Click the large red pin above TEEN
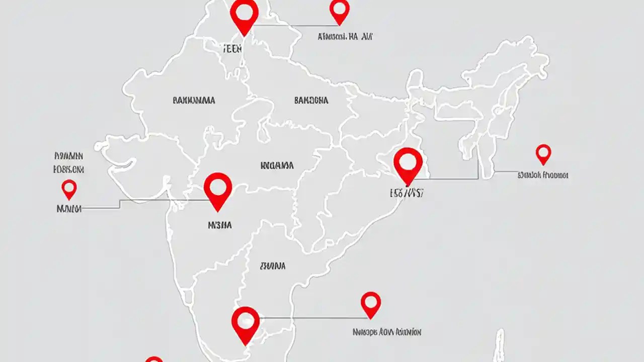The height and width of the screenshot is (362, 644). pyautogui.click(x=244, y=15)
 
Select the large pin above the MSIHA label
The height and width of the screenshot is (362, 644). pyautogui.click(x=218, y=189)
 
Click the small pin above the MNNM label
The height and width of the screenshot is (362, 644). pyautogui.click(x=69, y=189)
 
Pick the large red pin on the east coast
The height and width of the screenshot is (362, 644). pyautogui.click(x=408, y=163)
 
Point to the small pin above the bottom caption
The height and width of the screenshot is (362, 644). pyautogui.click(x=371, y=303)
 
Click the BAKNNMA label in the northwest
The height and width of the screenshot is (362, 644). pyautogui.click(x=194, y=101)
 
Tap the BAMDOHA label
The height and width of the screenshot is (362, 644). pyautogui.click(x=311, y=101)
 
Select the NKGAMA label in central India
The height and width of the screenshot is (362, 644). pyautogui.click(x=277, y=165)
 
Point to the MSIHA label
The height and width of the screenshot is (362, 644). pyautogui.click(x=220, y=226)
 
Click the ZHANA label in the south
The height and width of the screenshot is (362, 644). pyautogui.click(x=273, y=265)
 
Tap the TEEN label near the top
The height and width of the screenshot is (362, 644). pyautogui.click(x=231, y=49)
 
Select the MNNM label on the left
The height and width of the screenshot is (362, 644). pyautogui.click(x=69, y=208)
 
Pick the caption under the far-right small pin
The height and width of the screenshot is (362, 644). pyautogui.click(x=543, y=175)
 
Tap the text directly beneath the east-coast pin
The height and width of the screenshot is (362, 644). pyautogui.click(x=406, y=193)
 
